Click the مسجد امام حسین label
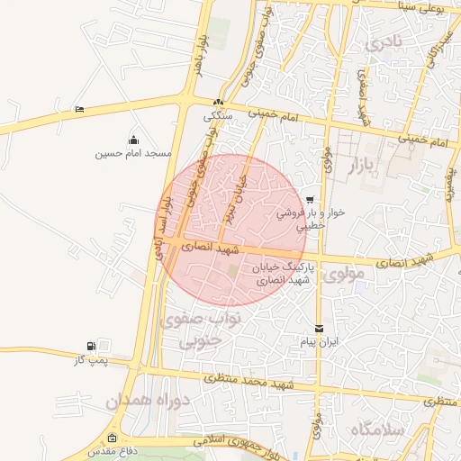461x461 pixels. (133, 154)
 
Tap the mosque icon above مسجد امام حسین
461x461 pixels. (133, 139)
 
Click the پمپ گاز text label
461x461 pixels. (90, 360)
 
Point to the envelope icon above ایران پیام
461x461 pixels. (319, 329)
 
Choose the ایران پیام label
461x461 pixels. (319, 343)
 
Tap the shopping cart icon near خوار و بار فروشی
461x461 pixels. (310, 200)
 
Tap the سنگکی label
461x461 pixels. (219, 115)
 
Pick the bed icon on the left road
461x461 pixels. (80, 109)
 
